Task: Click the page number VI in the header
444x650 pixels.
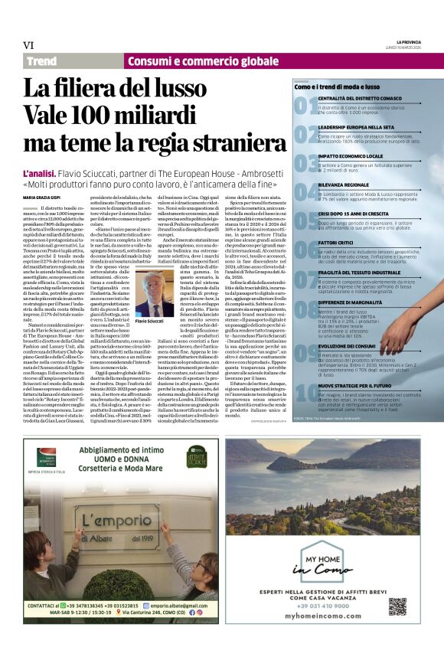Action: click(x=28, y=44)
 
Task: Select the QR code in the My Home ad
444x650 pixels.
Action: click(x=398, y=606)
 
